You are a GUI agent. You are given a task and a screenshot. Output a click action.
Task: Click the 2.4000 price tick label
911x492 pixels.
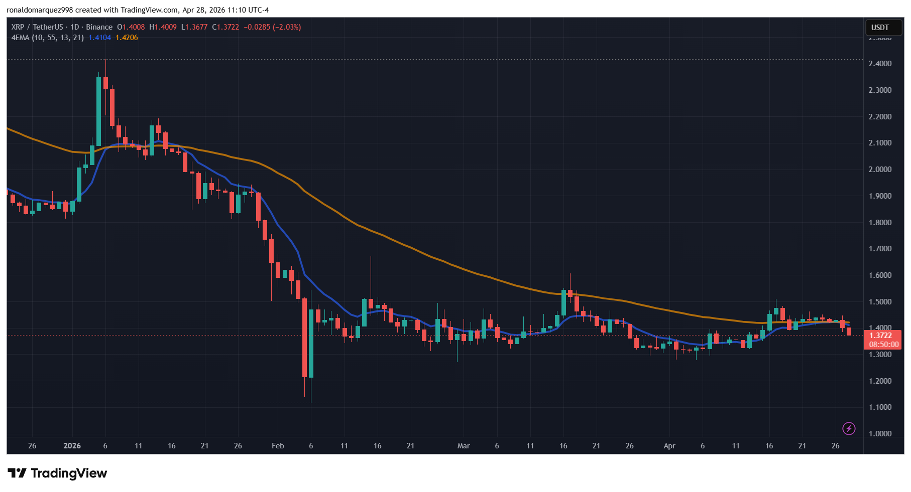point(880,64)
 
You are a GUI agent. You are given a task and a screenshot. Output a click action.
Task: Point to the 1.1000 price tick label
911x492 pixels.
point(880,407)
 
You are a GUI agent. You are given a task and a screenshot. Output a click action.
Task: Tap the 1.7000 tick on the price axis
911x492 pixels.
point(880,249)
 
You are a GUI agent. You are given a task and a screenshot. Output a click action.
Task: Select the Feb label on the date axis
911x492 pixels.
point(278,446)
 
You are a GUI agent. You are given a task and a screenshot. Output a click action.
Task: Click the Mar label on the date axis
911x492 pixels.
point(464,446)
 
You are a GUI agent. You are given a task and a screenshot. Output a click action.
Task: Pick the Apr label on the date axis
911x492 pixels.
point(669,446)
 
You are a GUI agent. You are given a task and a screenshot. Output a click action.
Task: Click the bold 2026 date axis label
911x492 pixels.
point(72,446)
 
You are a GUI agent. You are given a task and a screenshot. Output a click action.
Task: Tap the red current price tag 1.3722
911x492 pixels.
point(881,336)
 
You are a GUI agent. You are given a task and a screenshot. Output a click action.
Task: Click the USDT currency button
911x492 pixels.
point(880,28)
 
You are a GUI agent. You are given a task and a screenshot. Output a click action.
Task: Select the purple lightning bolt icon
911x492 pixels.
point(849,428)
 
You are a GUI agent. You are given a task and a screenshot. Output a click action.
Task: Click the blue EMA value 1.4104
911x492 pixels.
point(99,38)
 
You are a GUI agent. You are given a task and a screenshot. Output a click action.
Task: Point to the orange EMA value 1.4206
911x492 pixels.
point(127,38)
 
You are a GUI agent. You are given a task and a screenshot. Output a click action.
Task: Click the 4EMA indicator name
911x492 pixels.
point(21,38)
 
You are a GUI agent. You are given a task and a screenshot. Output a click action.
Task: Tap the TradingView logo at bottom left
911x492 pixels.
point(57,473)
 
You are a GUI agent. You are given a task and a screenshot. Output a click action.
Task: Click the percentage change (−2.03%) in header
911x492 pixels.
point(287,27)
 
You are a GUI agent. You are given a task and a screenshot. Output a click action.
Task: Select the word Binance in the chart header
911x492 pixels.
point(99,27)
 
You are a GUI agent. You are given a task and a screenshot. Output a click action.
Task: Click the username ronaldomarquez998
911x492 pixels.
point(40,10)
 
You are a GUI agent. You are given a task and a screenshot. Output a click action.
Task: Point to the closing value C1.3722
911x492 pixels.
point(225,27)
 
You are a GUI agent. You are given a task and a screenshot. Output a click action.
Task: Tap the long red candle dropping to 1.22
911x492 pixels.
point(304,337)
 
